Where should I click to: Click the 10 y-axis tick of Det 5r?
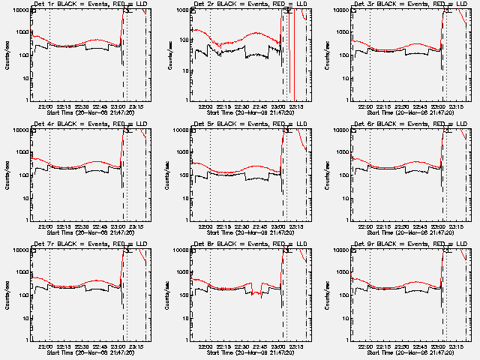click(182, 198)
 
